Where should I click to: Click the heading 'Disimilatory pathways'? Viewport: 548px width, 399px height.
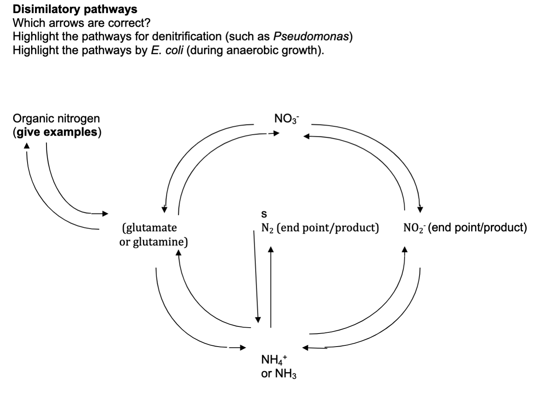click(75, 9)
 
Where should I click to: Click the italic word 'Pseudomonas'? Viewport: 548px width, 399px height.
click(311, 37)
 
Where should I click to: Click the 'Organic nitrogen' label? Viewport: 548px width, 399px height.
click(56, 118)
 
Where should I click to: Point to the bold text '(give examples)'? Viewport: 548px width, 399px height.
click(57, 132)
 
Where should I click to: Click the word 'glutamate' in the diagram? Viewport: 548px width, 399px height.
click(151, 228)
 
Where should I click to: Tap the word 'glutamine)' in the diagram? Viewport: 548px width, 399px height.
click(160, 242)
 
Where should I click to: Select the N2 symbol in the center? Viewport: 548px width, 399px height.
click(267, 228)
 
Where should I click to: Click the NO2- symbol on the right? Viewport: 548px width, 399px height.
click(413, 228)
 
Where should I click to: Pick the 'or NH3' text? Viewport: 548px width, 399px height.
click(279, 373)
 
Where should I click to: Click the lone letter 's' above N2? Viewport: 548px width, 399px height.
click(264, 214)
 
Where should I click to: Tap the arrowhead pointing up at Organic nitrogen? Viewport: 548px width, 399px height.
click(26, 145)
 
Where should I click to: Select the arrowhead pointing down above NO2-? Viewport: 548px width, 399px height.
click(420, 209)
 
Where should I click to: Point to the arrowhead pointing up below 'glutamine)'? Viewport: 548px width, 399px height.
click(178, 253)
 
